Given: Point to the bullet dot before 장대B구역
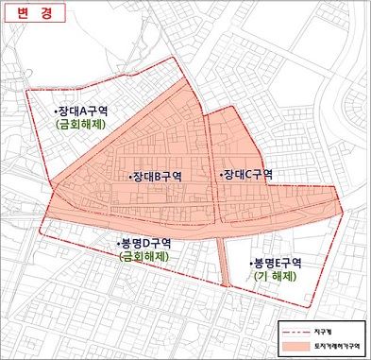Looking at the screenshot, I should pos(128,177).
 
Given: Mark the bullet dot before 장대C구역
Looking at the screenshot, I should pos(219,175).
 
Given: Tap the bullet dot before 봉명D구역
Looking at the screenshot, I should pos(117,243).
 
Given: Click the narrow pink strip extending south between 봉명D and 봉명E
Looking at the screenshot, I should pos(223,261).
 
